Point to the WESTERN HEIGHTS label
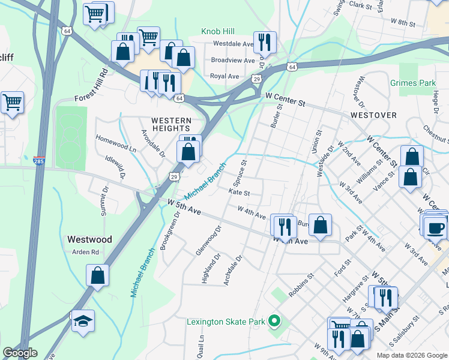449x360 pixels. coord(171,124)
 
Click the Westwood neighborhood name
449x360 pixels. coord(89,239)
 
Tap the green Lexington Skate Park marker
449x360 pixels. coord(274,322)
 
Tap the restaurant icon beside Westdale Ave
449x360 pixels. coord(265,41)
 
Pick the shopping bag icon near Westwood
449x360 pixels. coord(97,276)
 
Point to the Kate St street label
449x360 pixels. coord(239,193)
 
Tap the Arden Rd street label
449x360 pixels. coord(86,253)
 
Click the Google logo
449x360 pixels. coord(20,353)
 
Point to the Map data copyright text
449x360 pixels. coord(411,355)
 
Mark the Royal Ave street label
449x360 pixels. coord(224,76)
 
